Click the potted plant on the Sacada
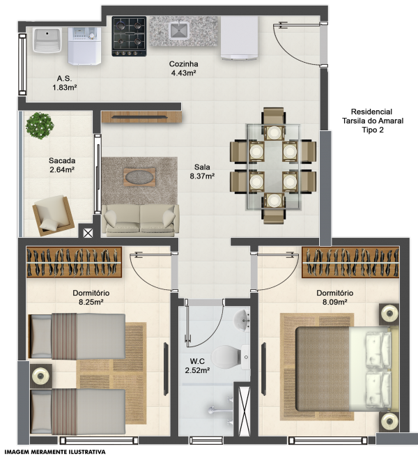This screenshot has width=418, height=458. [40, 125]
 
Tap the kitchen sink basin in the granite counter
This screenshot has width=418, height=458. [178, 31]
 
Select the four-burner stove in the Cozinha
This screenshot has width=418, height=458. [129, 36]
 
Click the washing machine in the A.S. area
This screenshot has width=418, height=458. [85, 45]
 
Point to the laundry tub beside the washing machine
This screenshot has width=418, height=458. [47, 40]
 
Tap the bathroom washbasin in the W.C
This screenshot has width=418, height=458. [242, 321]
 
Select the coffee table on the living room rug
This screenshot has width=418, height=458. [139, 176]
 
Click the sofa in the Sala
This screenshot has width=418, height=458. [140, 220]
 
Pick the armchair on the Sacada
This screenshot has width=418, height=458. [53, 215]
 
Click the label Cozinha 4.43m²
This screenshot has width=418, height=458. [183, 68]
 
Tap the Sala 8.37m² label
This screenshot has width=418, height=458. [202, 171]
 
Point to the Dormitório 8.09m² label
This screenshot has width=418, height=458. [335, 298]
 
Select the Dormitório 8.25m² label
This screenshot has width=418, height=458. [91, 298]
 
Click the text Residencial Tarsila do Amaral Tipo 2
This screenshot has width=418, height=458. [373, 121]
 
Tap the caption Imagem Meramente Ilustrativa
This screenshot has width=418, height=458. [55, 452]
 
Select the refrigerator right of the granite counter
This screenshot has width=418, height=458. [240, 38]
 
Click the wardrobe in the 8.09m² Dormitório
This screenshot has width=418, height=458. [350, 262]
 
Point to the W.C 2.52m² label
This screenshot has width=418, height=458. [197, 366]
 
